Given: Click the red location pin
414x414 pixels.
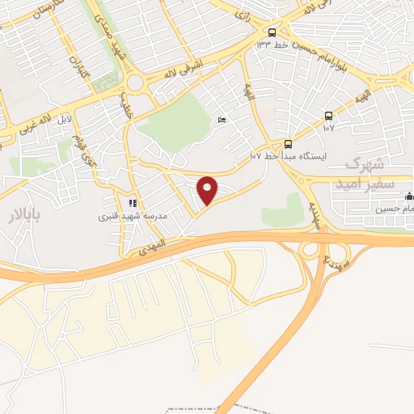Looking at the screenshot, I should (208, 191).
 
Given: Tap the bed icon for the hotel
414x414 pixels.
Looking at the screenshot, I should (222, 121).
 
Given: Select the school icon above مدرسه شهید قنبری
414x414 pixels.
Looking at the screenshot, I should (132, 203).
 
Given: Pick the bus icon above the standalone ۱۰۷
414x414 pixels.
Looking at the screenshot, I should (328, 116).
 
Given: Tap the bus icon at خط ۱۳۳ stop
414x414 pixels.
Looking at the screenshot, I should (272, 32).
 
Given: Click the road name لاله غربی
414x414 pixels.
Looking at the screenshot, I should (36, 120).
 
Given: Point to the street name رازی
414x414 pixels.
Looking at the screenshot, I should (242, 15).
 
